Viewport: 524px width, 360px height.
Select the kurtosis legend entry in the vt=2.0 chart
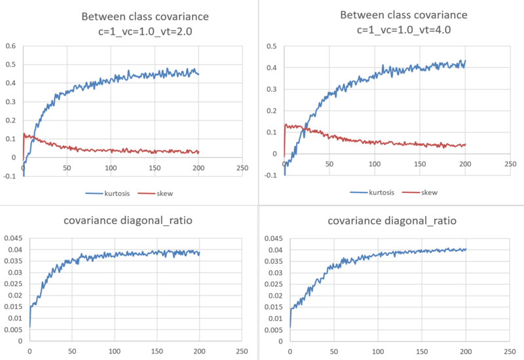coord(113,193)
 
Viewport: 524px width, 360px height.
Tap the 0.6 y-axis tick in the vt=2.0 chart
coord(10,46)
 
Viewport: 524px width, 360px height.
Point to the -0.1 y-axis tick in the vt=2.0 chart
coord(9,176)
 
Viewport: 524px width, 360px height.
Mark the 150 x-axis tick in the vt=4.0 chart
coord(420,164)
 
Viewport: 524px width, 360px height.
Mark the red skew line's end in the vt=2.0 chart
coord(198,152)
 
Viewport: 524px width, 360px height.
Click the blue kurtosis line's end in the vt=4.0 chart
coord(465,61)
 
